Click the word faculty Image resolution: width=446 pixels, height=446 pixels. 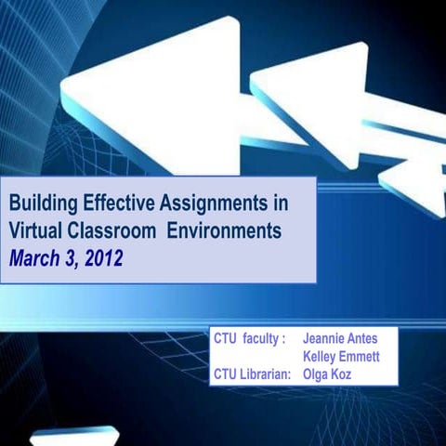pyautogui.click(x=264, y=340)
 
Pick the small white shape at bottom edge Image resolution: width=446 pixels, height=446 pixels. pyautogui.click(x=74, y=436)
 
